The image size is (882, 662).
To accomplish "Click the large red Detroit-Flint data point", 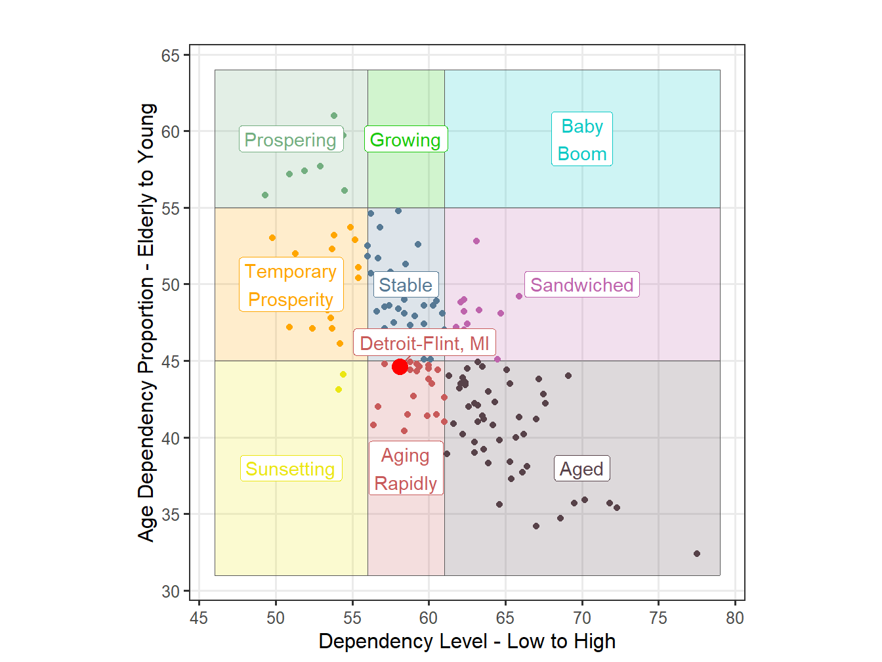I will pos(400,366).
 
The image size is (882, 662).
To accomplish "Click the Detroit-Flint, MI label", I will pos(425,343).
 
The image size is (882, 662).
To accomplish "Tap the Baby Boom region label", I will pos(582,139).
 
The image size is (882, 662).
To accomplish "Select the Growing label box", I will pos(406,140).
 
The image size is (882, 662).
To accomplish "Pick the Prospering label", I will pos(291,140).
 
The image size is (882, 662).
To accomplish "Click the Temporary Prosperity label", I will pos(291,285).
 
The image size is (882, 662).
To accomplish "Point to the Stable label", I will pos(406,285).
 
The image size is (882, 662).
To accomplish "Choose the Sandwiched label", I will pos(581,285).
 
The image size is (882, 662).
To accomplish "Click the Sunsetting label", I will pos(291,469).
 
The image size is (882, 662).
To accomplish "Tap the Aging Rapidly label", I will pos(406,469).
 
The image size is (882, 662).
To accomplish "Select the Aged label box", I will pos(581,469).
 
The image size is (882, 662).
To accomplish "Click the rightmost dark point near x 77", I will pos(697,554).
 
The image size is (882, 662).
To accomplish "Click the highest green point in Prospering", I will pos(334,116).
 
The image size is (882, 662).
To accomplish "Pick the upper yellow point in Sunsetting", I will pos(343,374).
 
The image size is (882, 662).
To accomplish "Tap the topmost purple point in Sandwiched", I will pos(476,241).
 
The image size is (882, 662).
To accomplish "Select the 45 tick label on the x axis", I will pos(199,618).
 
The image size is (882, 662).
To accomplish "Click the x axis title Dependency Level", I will pos(467,642).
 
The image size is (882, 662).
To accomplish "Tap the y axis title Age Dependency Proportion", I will pos(146,322).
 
